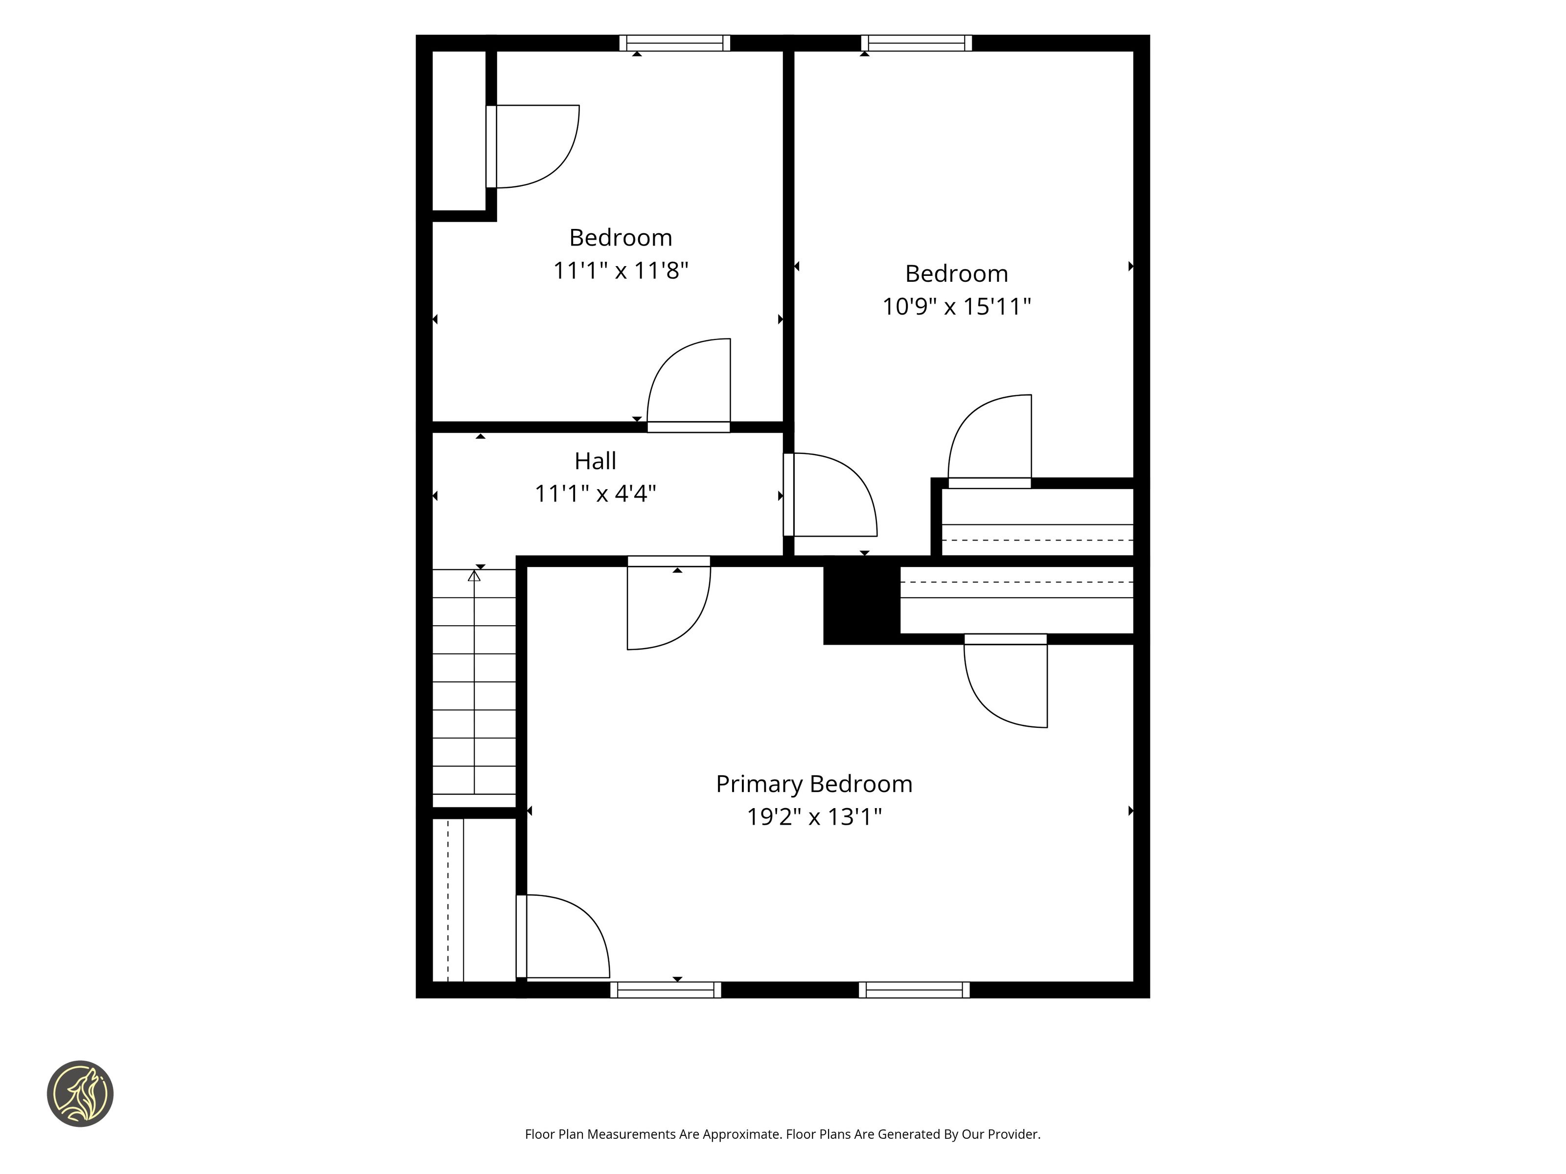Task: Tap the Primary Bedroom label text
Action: (x=814, y=785)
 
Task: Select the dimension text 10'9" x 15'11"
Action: (x=956, y=306)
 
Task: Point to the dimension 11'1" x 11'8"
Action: (x=620, y=271)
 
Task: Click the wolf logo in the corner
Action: (x=80, y=1093)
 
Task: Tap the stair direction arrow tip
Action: (x=474, y=572)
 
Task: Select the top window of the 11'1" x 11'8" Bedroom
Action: (x=675, y=43)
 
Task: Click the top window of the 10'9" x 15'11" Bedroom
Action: (x=916, y=43)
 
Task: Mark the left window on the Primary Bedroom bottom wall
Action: (x=666, y=990)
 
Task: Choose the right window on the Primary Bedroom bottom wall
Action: (x=914, y=990)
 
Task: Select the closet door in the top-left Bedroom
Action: (x=532, y=146)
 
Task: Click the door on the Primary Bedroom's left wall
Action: (x=563, y=936)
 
